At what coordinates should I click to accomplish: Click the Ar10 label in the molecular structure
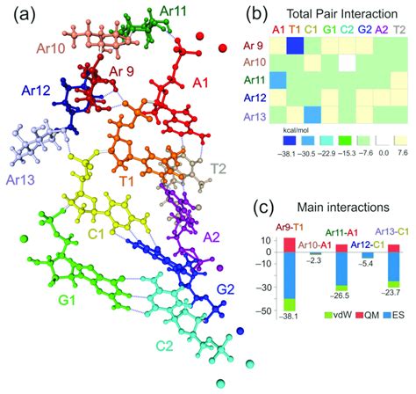tap(50, 46)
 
